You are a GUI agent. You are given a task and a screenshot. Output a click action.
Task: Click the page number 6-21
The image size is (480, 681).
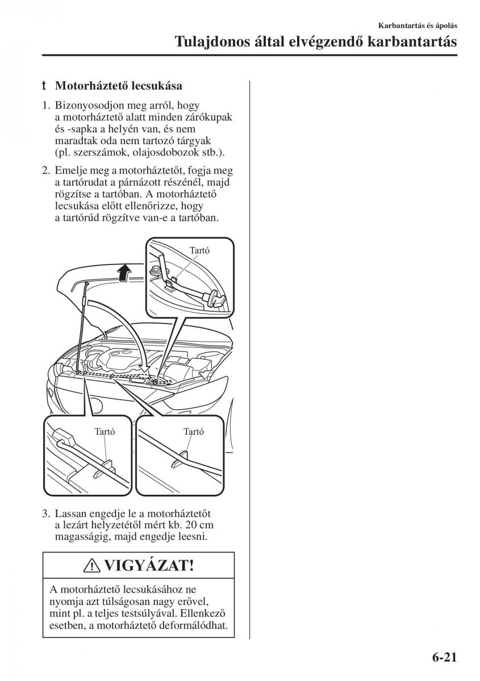click(x=440, y=658)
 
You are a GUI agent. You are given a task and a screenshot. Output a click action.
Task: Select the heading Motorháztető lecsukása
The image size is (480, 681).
click(x=118, y=86)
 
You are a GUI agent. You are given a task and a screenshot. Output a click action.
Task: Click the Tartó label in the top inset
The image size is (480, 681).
click(x=199, y=250)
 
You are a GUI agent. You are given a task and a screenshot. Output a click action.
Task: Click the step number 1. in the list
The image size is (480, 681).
click(x=46, y=106)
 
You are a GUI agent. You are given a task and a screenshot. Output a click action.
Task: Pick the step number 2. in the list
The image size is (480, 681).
click(x=46, y=170)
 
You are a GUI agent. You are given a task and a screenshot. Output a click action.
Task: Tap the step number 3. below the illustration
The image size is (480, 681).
click(x=46, y=514)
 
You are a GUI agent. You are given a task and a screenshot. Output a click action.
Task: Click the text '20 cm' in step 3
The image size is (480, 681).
click(x=201, y=526)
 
